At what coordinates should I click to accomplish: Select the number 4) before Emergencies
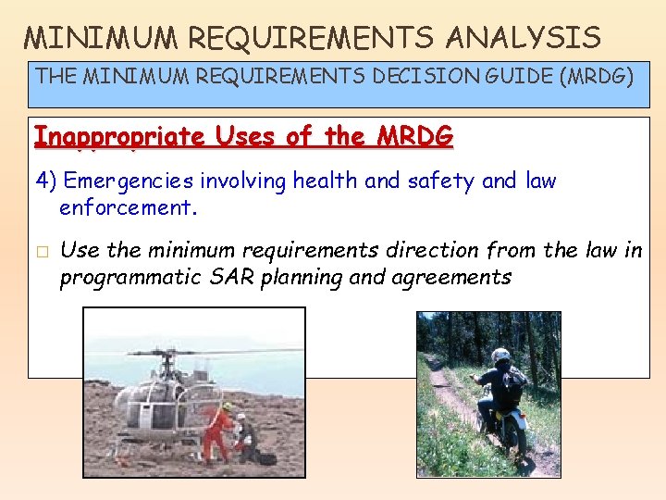coord(47,181)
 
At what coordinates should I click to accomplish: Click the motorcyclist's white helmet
coord(500,356)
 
